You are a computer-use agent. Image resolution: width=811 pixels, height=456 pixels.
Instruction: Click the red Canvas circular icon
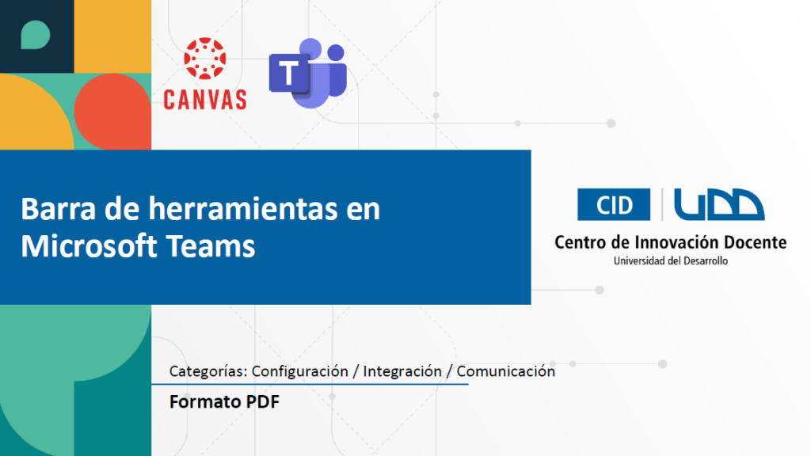205,58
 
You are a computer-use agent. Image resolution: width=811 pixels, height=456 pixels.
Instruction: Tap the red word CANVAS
205,100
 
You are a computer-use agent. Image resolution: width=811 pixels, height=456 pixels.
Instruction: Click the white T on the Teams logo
288,72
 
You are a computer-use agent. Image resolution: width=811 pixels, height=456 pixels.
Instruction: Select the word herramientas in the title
243,209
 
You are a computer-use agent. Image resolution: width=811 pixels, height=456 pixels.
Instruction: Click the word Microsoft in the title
89,246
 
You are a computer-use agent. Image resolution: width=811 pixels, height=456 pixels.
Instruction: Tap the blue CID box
614,205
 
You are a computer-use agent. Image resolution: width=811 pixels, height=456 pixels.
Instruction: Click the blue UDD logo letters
719,205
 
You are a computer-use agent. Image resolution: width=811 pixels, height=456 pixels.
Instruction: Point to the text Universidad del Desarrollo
671,261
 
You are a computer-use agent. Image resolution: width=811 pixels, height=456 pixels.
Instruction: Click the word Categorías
208,371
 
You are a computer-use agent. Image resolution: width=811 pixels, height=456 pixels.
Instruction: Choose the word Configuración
300,371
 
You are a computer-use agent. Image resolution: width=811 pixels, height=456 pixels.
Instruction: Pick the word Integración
402,371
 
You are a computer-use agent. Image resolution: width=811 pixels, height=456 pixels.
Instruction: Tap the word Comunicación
506,371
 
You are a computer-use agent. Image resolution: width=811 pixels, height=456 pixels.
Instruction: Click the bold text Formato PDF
224,401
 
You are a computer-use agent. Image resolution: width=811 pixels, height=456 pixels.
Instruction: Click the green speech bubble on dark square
35,35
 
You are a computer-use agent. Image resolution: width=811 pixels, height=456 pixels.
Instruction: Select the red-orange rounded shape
112,111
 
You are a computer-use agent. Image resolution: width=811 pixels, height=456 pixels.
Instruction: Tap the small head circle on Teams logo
336,52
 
